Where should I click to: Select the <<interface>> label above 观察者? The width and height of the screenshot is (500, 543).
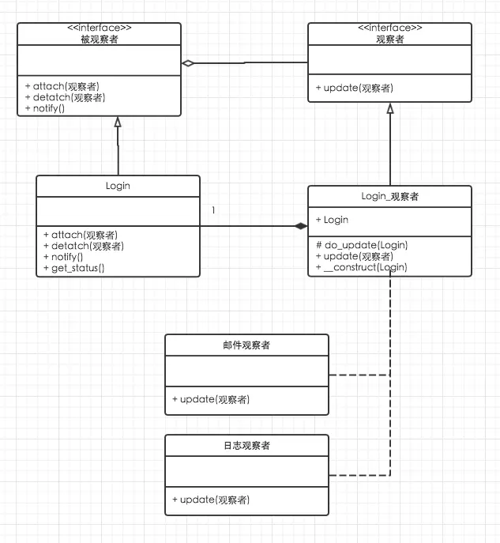389,28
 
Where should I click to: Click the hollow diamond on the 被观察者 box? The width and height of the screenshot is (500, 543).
187,62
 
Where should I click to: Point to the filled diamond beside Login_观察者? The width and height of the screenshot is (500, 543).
300,227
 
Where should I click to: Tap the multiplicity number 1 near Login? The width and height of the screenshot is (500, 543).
213,210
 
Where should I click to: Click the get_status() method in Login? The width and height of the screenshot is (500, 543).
76,268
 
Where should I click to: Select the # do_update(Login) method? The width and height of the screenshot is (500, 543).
361,245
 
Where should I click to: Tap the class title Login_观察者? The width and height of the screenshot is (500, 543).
389,196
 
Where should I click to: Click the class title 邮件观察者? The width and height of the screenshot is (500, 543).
246,345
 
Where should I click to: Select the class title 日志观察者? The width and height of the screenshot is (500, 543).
246,446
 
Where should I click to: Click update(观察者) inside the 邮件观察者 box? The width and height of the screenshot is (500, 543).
211,399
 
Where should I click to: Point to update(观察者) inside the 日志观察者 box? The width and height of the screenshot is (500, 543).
211,500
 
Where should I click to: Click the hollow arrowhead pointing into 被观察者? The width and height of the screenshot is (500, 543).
118,123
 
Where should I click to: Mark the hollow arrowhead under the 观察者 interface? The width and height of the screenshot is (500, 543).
389,108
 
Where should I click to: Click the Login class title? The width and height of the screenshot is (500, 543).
118,186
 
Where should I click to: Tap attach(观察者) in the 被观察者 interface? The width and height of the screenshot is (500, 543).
66,85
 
